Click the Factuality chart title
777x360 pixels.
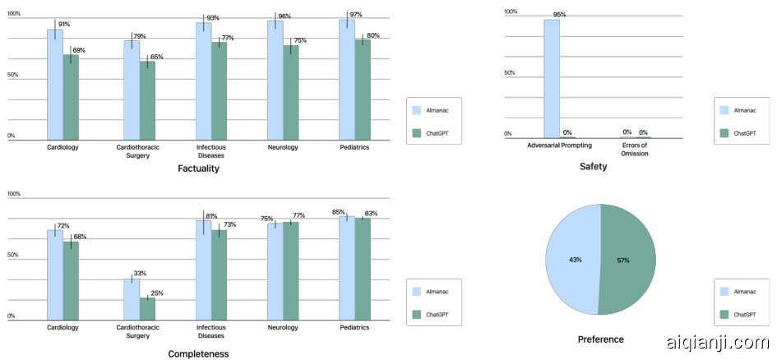198,168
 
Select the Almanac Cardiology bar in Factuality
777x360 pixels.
54,85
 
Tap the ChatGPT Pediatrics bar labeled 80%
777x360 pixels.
363,90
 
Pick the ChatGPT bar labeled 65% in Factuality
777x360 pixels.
148,100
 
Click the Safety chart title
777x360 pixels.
593,167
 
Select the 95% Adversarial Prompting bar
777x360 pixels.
551,79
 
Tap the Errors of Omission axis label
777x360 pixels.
634,150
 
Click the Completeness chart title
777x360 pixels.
198,354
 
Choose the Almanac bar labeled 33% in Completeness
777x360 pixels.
132,299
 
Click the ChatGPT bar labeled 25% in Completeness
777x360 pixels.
148,308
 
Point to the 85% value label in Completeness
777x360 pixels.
338,212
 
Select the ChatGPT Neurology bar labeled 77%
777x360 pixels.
291,270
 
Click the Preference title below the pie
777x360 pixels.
600,339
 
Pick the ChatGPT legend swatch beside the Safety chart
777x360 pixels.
724,132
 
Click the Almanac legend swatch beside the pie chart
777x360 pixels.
724,291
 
